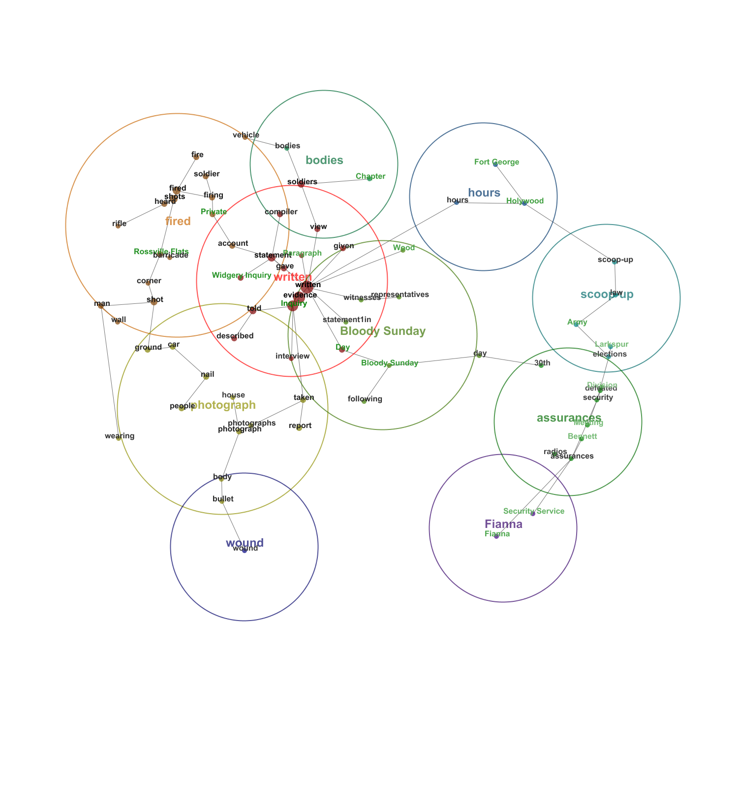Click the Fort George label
tap(496, 162)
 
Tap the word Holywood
tap(525, 201)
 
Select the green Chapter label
tap(370, 176)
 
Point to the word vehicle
tap(246, 135)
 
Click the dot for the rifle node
tap(118, 226)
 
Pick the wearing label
tap(120, 436)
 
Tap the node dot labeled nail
tap(206, 377)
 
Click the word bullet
tap(223, 499)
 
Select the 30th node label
tap(542, 363)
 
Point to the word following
tap(365, 399)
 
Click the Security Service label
tap(534, 511)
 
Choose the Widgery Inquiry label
tap(242, 275)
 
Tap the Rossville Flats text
tap(161, 252)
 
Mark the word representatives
tap(400, 295)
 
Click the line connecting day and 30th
tap(510, 360)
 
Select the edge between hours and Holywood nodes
tap(490, 202)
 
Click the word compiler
tap(281, 212)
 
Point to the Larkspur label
tap(612, 344)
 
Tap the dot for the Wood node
tap(403, 250)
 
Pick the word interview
tap(293, 356)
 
